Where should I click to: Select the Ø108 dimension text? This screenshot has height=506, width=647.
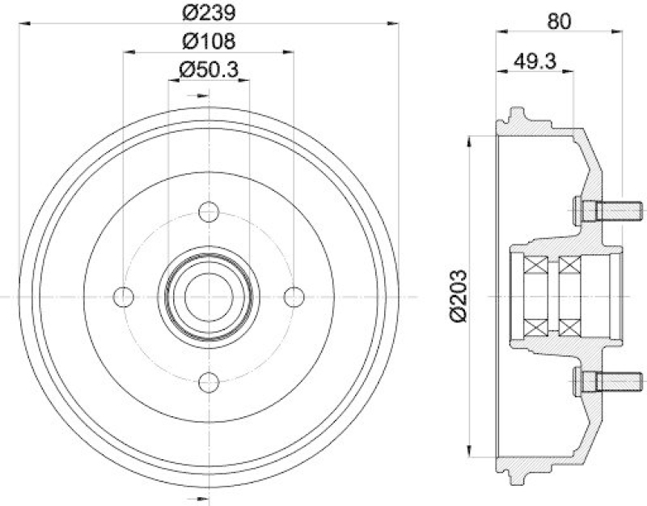pos(209,41)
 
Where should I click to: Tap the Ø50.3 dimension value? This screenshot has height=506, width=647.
pos(209,70)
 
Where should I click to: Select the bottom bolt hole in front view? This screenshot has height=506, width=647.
pos(209,382)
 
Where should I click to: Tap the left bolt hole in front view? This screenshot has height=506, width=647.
pos(124,296)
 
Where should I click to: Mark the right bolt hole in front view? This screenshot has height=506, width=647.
pos(294,296)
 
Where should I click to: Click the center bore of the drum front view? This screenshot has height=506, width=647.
pos(209,296)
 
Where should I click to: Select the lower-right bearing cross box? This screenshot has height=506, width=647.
pos(571,326)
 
